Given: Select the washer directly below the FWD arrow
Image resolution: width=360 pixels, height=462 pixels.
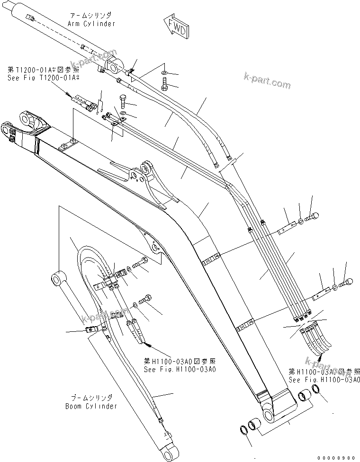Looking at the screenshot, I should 164,72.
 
